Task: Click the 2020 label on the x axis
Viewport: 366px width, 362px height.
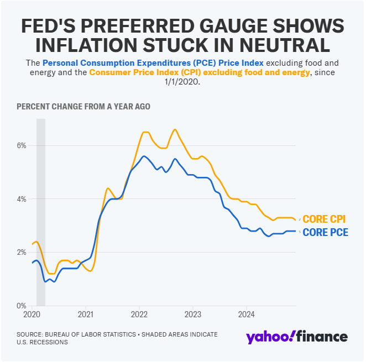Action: (32, 314)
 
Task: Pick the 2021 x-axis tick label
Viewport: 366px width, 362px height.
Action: (86, 314)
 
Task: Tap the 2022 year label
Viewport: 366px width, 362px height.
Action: (139, 314)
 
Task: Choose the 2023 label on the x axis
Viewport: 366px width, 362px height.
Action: (193, 314)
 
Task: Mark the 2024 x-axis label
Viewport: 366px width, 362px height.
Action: (246, 314)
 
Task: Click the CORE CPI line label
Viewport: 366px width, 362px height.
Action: (326, 219)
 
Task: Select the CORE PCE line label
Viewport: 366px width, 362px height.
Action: (326, 233)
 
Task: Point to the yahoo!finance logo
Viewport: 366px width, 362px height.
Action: (296, 337)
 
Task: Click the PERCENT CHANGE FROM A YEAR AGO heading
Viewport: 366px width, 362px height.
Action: (83, 106)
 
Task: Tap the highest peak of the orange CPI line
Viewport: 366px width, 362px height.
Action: (175, 129)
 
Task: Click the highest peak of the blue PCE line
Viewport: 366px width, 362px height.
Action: (144, 156)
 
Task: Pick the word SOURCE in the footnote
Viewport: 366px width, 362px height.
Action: (31, 334)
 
